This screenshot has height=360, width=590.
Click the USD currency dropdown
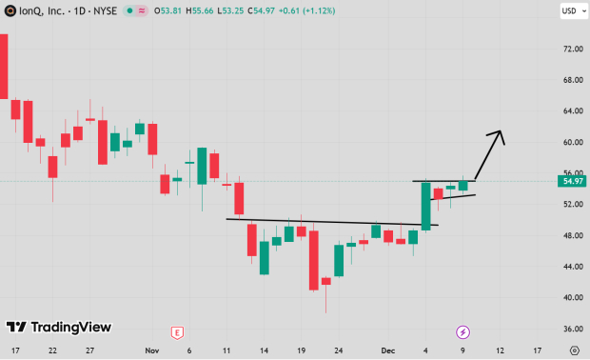(x=569, y=11)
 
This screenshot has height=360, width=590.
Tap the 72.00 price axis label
(x=572, y=49)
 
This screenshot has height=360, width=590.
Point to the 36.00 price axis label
(x=572, y=330)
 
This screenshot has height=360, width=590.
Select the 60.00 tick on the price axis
(x=572, y=143)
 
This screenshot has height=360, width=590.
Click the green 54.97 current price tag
(x=572, y=181)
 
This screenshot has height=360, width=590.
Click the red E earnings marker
(x=176, y=331)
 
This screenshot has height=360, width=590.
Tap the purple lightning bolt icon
(x=462, y=331)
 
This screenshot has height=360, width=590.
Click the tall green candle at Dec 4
(x=425, y=206)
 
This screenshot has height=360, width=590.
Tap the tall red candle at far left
(x=3, y=66)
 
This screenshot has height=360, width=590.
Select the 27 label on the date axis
(x=88, y=350)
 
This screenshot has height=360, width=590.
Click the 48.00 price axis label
(x=572, y=236)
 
